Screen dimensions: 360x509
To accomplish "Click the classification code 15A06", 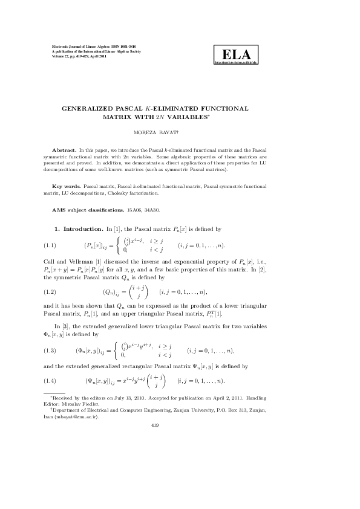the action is tap(135, 209).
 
